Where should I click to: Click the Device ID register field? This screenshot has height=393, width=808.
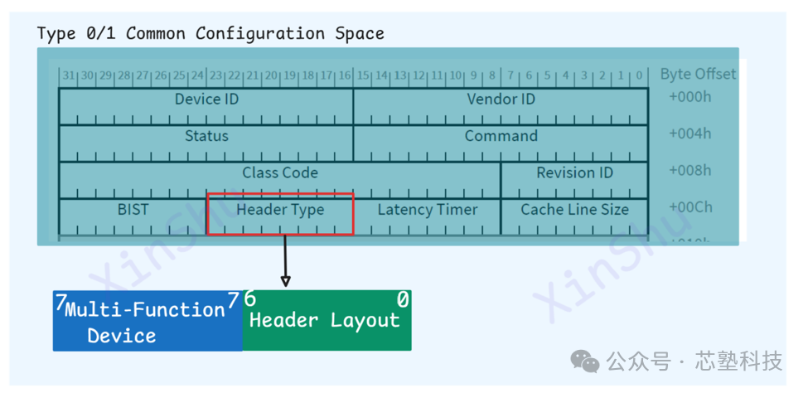(206, 100)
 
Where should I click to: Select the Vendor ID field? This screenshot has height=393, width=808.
(501, 100)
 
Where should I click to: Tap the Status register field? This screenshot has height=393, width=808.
(206, 137)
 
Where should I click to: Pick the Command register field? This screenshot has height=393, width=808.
(501, 137)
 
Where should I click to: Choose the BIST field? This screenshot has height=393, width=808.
(133, 211)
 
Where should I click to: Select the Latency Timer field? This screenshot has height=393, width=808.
(428, 211)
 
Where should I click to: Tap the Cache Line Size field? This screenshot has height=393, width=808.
(574, 211)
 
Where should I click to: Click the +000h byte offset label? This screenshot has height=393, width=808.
(689, 97)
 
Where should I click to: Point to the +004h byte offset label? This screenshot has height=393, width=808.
(689, 133)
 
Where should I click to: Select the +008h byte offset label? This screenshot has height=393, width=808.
(689, 171)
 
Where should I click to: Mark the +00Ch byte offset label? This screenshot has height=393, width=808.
(689, 207)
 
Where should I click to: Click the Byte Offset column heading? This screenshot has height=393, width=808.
(698, 74)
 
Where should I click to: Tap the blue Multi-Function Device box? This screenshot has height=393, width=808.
(148, 321)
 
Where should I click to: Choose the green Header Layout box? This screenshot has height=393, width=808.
(327, 321)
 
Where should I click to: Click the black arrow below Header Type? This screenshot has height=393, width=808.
(285, 261)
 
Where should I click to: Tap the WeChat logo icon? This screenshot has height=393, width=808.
(588, 361)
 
